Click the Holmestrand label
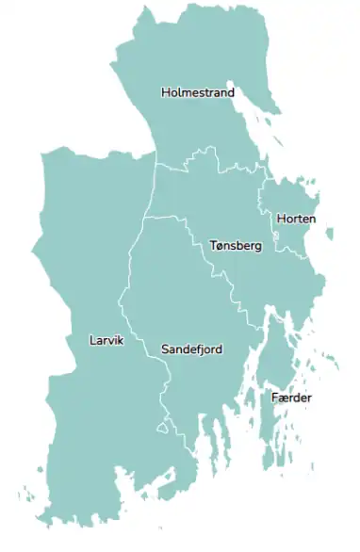point(198,92)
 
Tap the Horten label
point(296,219)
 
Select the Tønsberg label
point(235,246)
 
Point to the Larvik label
point(106,340)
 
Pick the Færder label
point(291,398)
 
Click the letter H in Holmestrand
point(166,92)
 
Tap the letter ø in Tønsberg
point(221,246)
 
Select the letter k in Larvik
point(121,340)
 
